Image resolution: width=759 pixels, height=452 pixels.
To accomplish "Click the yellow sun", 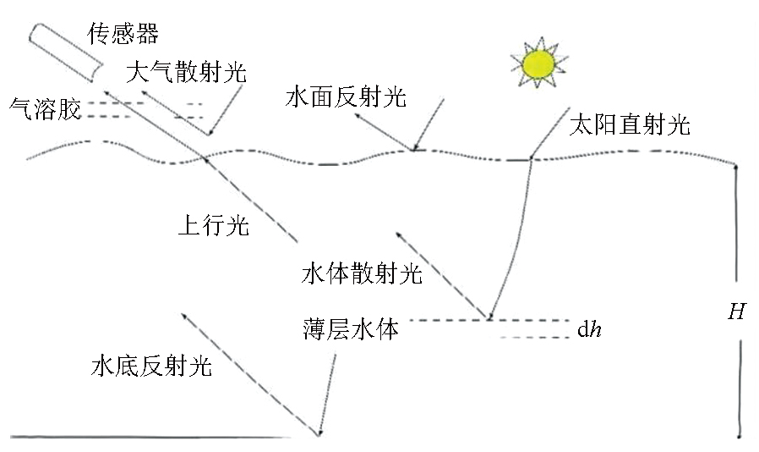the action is pyautogui.click(x=538, y=63).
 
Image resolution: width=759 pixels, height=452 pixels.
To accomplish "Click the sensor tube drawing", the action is pyautogui.click(x=65, y=52).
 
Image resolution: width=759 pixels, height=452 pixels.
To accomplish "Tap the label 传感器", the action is pyautogui.click(x=123, y=34).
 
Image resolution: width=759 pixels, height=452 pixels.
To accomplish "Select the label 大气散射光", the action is pyautogui.click(x=186, y=72).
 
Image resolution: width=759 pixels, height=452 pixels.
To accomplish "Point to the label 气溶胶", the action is pyautogui.click(x=45, y=108).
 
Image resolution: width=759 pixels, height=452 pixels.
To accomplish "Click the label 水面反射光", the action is pyautogui.click(x=346, y=96).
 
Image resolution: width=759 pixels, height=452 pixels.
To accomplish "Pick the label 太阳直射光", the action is pyautogui.click(x=630, y=124).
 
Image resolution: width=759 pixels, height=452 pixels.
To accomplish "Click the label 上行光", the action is pyautogui.click(x=214, y=225).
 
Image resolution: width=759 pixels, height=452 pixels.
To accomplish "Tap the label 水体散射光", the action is pyautogui.click(x=362, y=273).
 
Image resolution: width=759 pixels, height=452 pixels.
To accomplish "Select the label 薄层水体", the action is pyautogui.click(x=351, y=328).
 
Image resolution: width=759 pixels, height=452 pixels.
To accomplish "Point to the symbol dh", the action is pyautogui.click(x=590, y=330).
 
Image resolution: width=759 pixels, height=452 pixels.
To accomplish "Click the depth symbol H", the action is pyautogui.click(x=737, y=311).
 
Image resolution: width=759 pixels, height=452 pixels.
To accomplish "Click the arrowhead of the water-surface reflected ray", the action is pyautogui.click(x=357, y=115).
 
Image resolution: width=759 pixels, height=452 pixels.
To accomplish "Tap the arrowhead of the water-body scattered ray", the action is pyautogui.click(x=398, y=234).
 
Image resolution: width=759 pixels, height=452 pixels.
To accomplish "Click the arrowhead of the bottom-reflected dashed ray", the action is pyautogui.click(x=183, y=315).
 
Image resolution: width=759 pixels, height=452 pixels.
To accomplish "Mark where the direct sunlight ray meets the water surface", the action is pyautogui.click(x=531, y=158).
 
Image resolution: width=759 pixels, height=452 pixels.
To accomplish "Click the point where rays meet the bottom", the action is pyautogui.click(x=319, y=433).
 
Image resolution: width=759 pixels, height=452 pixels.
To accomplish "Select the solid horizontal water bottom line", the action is pyautogui.click(x=150, y=437).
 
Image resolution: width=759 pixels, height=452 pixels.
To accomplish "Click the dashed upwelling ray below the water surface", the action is pyautogui.click(x=251, y=201).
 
